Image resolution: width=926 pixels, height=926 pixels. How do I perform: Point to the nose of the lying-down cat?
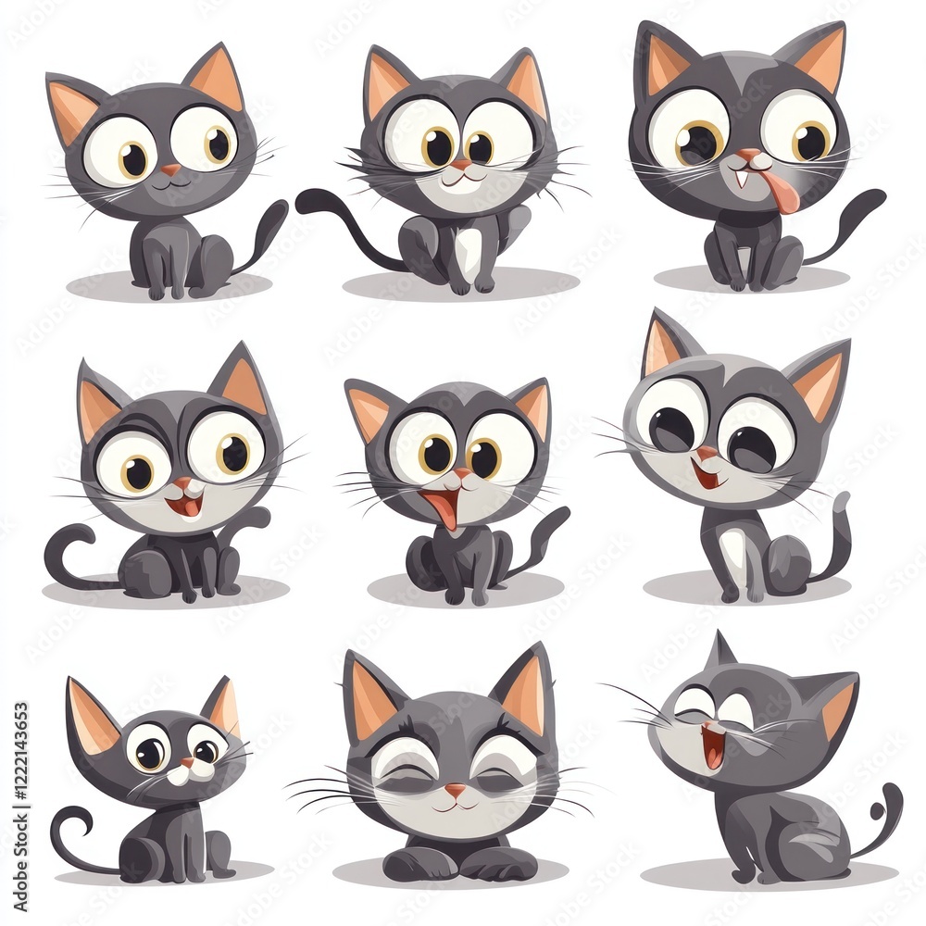(x=456, y=790)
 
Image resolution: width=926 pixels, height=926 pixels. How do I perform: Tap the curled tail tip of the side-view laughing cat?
(x=892, y=796)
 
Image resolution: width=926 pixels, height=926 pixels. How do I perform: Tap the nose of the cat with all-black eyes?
(x=707, y=453)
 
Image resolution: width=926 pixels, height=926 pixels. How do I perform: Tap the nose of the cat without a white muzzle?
(x=170, y=170)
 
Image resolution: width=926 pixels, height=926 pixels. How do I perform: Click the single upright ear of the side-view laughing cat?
(x=720, y=651)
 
